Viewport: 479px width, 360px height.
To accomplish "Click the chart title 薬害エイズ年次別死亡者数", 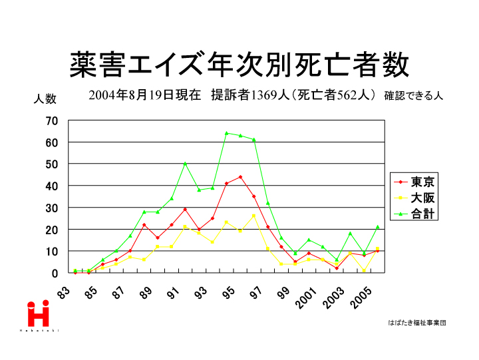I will pyautogui.click(x=239, y=65).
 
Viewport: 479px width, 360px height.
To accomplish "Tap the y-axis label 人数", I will pyautogui.click(x=45, y=99).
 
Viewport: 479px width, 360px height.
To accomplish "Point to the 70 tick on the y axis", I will pyautogui.click(x=53, y=120).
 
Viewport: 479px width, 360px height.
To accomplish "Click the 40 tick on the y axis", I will pyautogui.click(x=53, y=186).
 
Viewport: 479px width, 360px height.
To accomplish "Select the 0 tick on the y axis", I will pyautogui.click(x=55, y=273).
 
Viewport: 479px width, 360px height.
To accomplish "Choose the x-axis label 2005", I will pyautogui.click(x=359, y=300).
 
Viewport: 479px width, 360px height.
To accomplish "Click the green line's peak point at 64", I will pyautogui.click(x=226, y=133).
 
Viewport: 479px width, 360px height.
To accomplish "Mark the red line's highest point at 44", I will pyautogui.click(x=240, y=177).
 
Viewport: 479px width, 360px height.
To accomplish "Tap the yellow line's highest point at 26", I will pyautogui.click(x=253, y=216).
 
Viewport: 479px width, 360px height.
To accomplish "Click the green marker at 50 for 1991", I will pyautogui.click(x=185, y=164).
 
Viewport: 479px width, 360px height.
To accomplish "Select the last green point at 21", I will pyautogui.click(x=377, y=227).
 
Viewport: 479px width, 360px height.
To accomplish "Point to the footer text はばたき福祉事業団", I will pyautogui.click(x=416, y=323).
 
